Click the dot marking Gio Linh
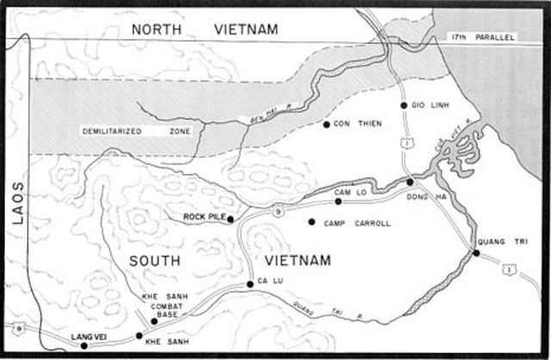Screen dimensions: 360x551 (x=403, y=105)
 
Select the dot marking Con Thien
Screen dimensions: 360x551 (x=326, y=125)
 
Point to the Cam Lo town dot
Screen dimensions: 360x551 (x=338, y=202)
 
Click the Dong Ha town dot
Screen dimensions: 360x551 (x=410, y=183)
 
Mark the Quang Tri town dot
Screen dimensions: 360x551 (x=476, y=252)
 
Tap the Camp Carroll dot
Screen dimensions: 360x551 (x=312, y=221)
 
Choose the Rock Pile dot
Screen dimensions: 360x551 (x=231, y=219)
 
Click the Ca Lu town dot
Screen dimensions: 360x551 (x=251, y=283)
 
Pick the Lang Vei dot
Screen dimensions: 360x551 (x=84, y=345)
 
